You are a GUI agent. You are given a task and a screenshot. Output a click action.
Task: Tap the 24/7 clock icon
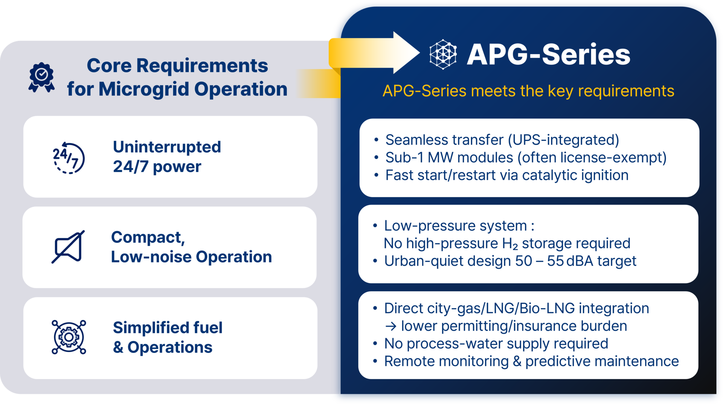click(69, 158)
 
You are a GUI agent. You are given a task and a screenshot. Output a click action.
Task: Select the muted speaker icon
click(68, 247)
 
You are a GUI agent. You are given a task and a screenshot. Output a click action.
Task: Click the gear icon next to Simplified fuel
click(69, 337)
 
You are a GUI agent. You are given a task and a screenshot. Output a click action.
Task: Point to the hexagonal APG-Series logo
click(443, 55)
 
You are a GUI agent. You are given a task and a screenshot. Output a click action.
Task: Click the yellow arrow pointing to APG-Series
click(374, 53)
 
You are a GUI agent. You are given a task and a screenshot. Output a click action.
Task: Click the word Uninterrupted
click(167, 147)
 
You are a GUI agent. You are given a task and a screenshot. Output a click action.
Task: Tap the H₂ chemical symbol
click(510, 244)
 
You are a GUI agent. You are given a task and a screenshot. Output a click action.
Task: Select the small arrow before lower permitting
click(391, 326)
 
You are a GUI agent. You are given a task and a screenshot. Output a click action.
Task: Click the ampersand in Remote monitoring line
click(517, 361)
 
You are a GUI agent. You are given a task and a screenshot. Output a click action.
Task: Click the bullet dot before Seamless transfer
click(376, 140)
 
